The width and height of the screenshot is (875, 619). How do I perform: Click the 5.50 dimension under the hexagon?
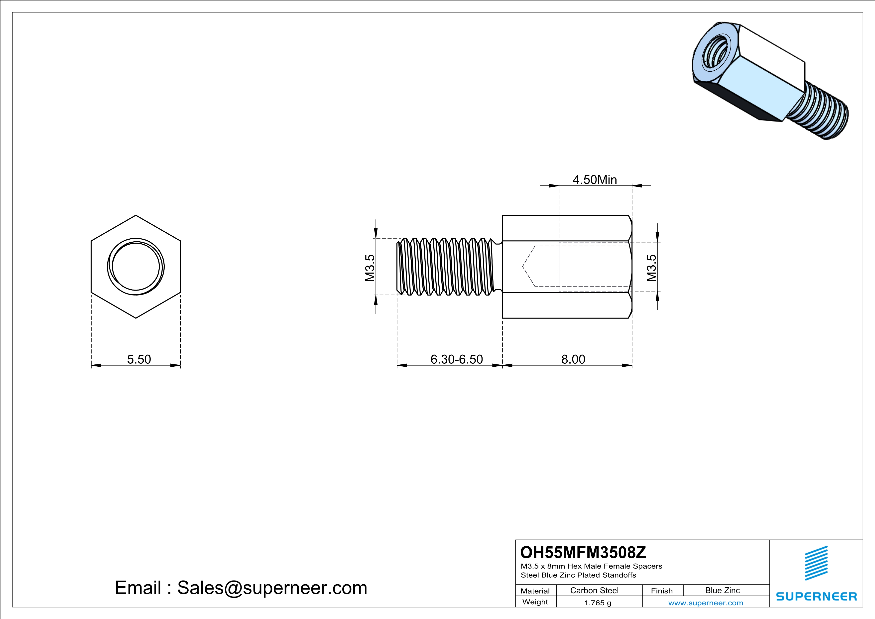coord(139,359)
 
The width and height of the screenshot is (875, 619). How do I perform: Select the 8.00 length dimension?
coord(573,359)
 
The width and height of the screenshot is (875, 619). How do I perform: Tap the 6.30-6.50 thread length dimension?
coord(456,359)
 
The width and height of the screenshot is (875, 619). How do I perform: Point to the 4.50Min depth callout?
coord(595,179)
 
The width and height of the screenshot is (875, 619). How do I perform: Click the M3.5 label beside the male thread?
coord(370,268)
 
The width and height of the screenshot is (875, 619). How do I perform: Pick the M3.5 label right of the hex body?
coord(652,268)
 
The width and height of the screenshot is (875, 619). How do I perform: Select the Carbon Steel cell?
coord(594,590)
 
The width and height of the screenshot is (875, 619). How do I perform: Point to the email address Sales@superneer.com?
coord(272,587)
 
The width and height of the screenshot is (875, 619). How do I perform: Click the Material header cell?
coord(535,591)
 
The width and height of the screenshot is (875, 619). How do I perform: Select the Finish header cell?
coord(662,591)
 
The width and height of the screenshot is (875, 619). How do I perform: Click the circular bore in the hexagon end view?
coord(136,267)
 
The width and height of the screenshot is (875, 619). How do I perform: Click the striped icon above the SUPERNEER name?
coord(816,563)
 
